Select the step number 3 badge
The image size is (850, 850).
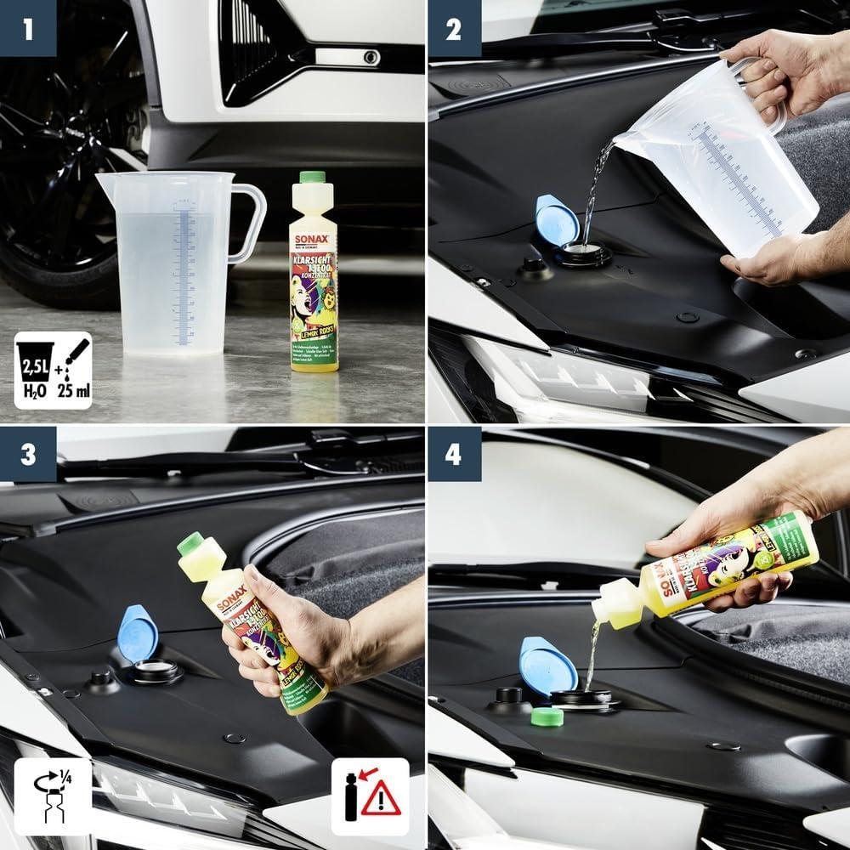pyautogui.click(x=28, y=453)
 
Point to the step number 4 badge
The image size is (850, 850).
pyautogui.click(x=453, y=453)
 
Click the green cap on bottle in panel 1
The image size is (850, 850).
pyautogui.click(x=313, y=178)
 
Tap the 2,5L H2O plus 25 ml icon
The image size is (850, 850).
pyautogui.click(x=53, y=370)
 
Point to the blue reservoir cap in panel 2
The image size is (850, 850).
pyautogui.click(x=558, y=219)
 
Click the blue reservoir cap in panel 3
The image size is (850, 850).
pyautogui.click(x=138, y=633)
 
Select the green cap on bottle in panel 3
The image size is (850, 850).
pyautogui.click(x=190, y=543)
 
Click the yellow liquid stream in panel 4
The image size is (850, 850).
pyautogui.click(x=592, y=654)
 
